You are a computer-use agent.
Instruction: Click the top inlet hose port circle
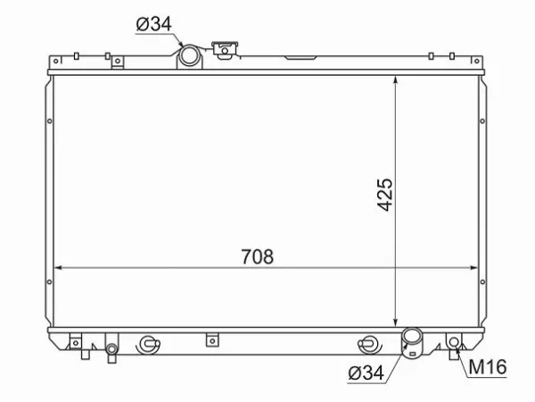190,56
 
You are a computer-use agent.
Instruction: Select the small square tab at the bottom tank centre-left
211,339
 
